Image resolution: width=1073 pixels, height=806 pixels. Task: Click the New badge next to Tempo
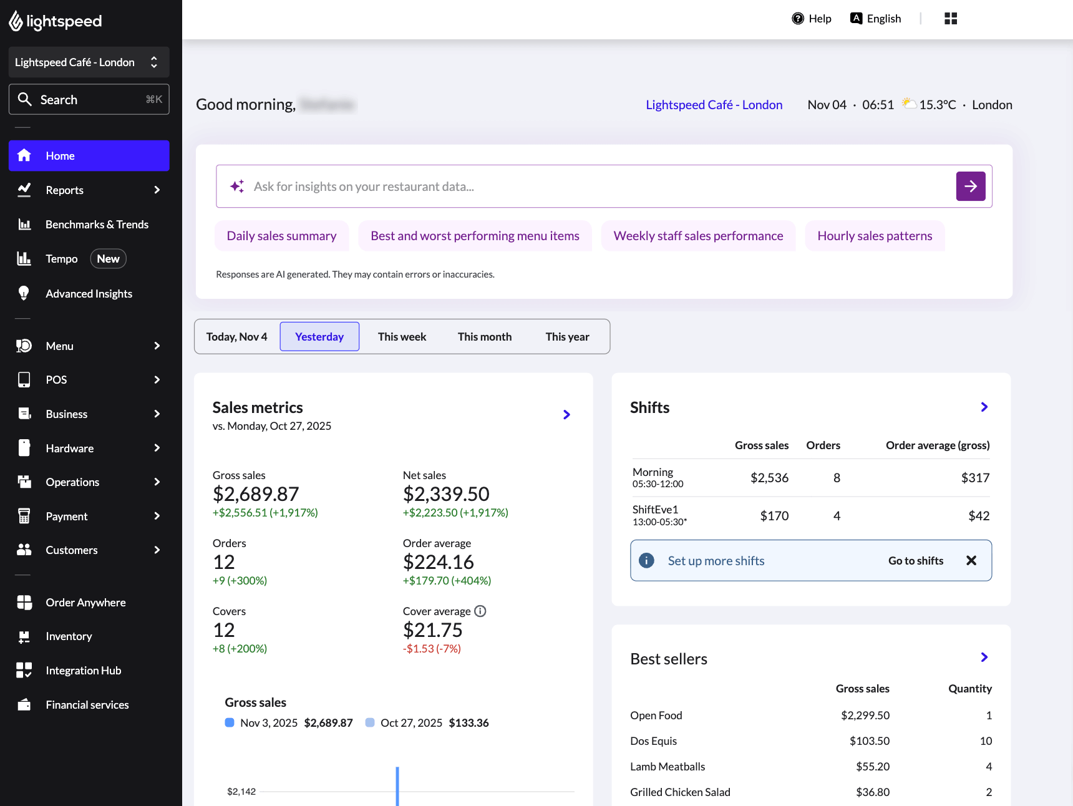click(x=108, y=259)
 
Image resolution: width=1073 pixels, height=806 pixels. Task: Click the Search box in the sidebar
click(x=89, y=100)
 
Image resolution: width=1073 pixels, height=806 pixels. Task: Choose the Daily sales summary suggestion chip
click(x=281, y=236)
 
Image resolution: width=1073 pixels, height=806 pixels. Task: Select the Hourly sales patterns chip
click(x=875, y=236)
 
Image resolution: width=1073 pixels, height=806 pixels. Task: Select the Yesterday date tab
click(x=319, y=337)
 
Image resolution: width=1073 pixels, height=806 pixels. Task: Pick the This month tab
click(x=484, y=337)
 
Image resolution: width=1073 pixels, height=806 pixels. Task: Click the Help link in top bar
click(x=812, y=19)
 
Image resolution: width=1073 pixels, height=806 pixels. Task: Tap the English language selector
click(x=876, y=19)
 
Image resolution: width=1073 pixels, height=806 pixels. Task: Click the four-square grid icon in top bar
click(x=951, y=19)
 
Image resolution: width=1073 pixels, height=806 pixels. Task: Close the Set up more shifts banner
click(x=971, y=561)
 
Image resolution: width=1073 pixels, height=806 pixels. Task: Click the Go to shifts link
click(x=915, y=561)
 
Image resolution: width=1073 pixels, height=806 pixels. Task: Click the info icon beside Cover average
click(x=480, y=611)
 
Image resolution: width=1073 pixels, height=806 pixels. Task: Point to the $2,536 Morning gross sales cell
click(x=769, y=478)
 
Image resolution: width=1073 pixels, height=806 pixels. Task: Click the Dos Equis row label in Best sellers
click(x=653, y=741)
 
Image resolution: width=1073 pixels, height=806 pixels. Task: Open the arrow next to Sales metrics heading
click(x=566, y=415)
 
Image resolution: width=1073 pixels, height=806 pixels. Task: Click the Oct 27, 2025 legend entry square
click(x=370, y=722)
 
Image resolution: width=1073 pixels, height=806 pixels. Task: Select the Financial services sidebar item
click(x=87, y=705)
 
